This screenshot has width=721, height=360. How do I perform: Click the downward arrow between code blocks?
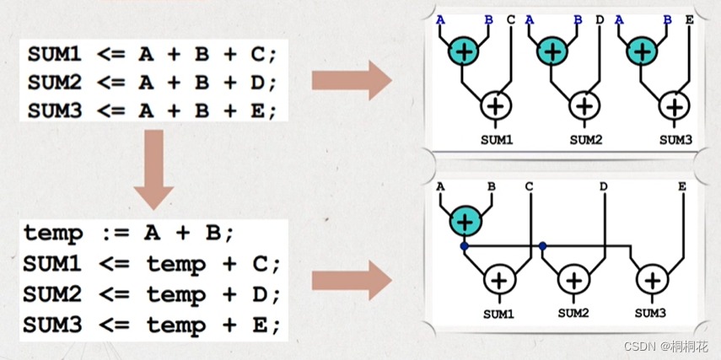coord(154,169)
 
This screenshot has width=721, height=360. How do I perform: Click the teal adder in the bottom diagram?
coord(464,221)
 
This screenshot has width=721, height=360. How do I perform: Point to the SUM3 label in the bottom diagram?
coord(651,314)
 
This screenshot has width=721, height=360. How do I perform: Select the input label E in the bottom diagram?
coord(681,185)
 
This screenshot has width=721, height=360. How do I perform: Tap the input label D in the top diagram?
coord(600,19)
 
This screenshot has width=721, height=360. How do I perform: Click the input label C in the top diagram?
coord(511,19)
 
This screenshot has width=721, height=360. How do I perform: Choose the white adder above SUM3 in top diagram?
coord(674,106)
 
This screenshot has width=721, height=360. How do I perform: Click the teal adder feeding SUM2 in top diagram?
coord(553,51)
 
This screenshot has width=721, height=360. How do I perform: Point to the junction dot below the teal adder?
coord(464,246)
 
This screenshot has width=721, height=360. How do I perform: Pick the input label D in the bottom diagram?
coord(604,185)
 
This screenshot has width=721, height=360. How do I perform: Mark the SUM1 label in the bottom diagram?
coord(498,314)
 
